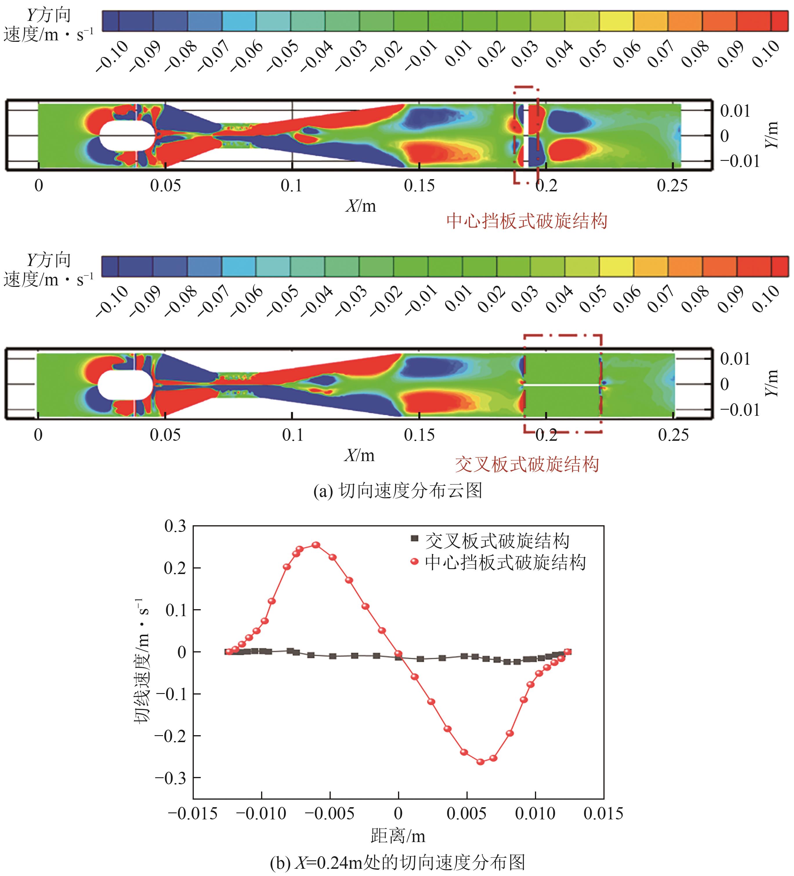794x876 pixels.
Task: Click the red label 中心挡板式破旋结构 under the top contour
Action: (x=527, y=221)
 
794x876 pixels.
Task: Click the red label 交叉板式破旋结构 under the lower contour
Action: (x=527, y=465)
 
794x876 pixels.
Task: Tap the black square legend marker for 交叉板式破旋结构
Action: (x=415, y=539)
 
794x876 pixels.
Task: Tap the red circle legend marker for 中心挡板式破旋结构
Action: (x=415, y=562)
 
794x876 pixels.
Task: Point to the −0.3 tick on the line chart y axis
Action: (x=171, y=778)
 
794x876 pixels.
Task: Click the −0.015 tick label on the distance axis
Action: (x=193, y=814)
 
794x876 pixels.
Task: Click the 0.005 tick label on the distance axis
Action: (x=467, y=814)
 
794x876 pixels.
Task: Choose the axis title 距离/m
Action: (x=398, y=836)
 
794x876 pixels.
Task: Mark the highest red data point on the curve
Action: (x=316, y=545)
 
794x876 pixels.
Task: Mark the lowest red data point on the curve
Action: (x=480, y=762)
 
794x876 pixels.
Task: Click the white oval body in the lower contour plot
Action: (x=125, y=384)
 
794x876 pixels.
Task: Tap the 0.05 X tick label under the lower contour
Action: (x=165, y=435)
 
